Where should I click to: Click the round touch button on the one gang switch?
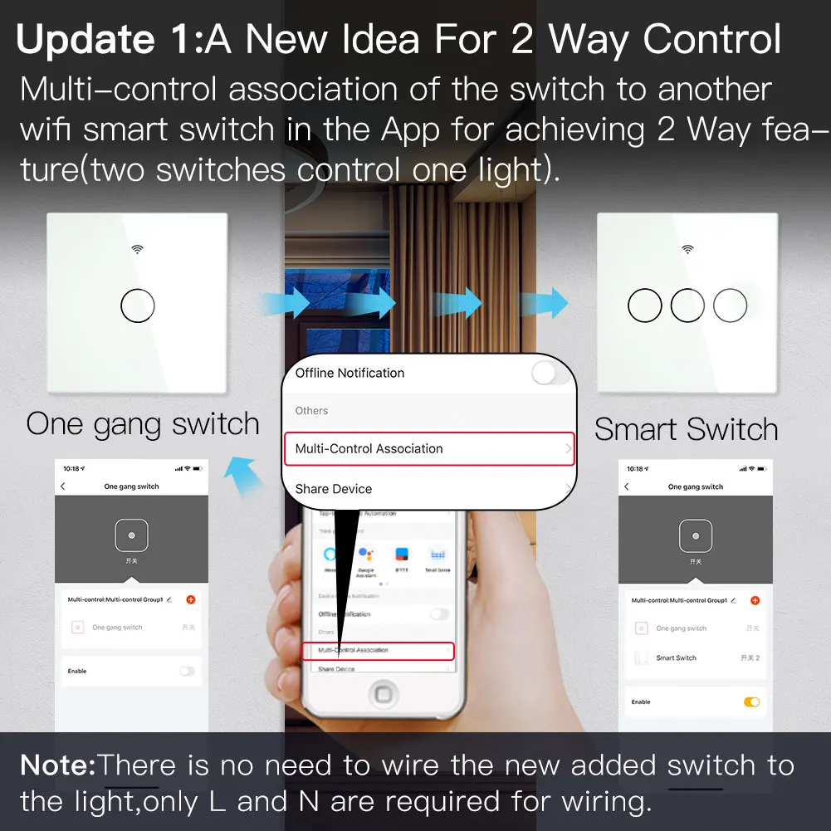coord(138,306)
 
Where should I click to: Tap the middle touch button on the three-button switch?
coord(687,306)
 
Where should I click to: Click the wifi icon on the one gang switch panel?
coord(138,248)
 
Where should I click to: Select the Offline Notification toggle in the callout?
coord(550,373)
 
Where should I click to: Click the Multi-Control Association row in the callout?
coord(428,448)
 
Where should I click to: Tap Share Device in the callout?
coord(334,489)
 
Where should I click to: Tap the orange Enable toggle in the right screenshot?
coord(751,702)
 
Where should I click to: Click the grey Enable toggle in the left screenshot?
coord(187,671)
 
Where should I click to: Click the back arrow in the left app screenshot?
coord(64,486)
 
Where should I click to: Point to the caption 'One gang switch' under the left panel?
coord(143,424)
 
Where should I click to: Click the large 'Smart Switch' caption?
coord(687,429)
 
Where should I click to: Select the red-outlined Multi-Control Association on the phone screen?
coord(378,650)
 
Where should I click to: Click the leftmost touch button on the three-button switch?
coord(645,306)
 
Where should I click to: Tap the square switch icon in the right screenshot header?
coord(695,536)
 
